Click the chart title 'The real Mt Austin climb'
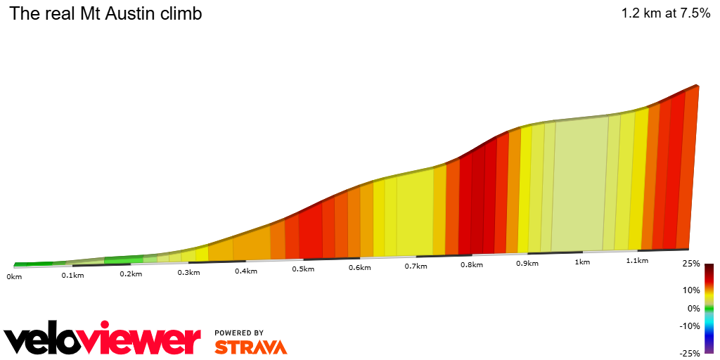pyautogui.click(x=105, y=13)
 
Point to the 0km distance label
pyautogui.click(x=14, y=276)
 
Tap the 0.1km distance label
pyautogui.click(x=72, y=275)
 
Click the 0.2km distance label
pyautogui.click(x=131, y=274)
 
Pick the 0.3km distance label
pyautogui.click(x=188, y=272)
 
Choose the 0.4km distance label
pyautogui.click(x=245, y=271)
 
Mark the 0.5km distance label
pyautogui.click(x=302, y=269)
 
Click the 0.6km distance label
pyautogui.click(x=359, y=268)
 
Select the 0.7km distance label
pyautogui.click(x=416, y=266)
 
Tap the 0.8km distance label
pyautogui.click(x=471, y=265)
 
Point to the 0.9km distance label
pyautogui.click(x=527, y=264)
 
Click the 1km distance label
pyautogui.click(x=581, y=262)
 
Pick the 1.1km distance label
pyautogui.click(x=636, y=261)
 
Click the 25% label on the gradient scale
pyautogui.click(x=692, y=264)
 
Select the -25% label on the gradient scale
pyautogui.click(x=690, y=354)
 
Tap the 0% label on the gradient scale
pyautogui.click(x=694, y=308)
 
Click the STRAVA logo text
pyautogui.click(x=250, y=347)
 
